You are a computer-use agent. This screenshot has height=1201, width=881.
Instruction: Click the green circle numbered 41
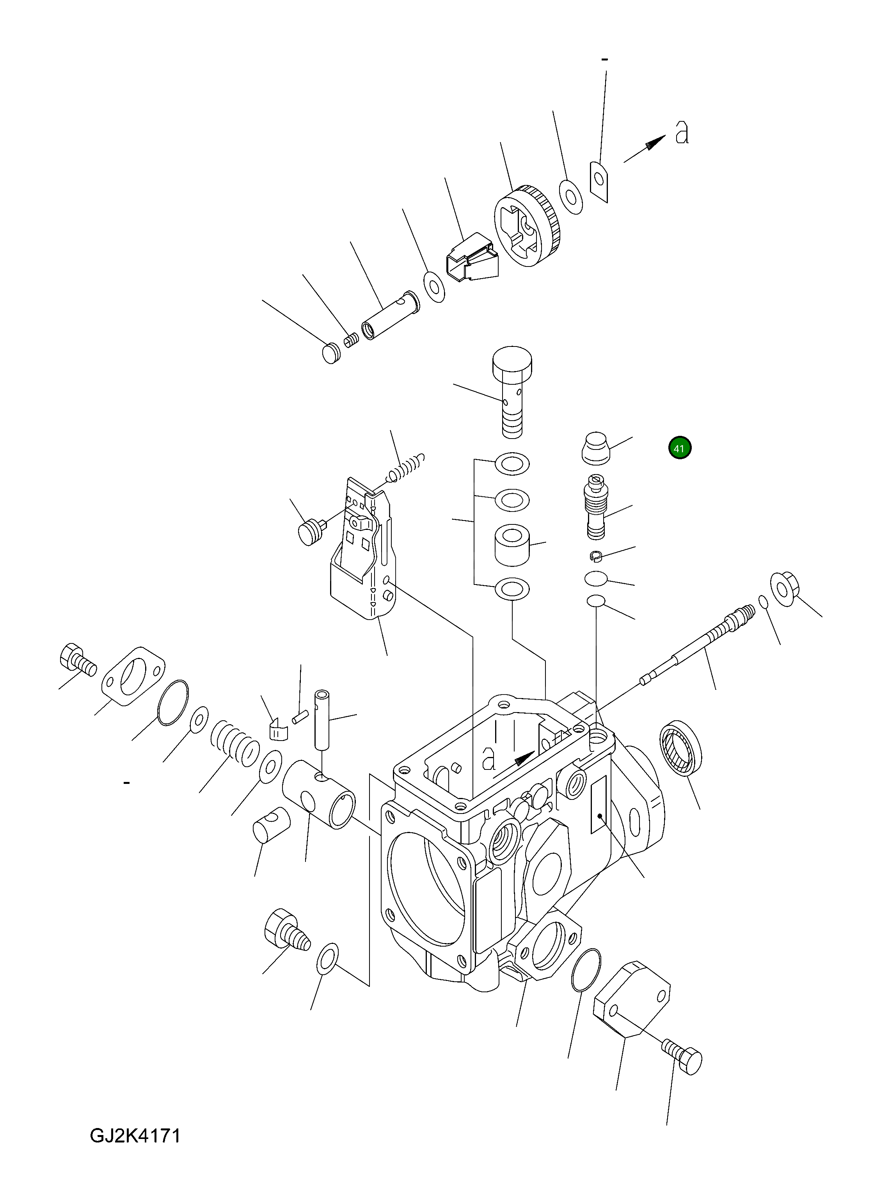[679, 448]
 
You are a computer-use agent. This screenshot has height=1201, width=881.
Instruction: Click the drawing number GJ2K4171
[135, 1151]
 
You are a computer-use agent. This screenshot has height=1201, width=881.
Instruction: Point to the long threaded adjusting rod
[699, 646]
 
